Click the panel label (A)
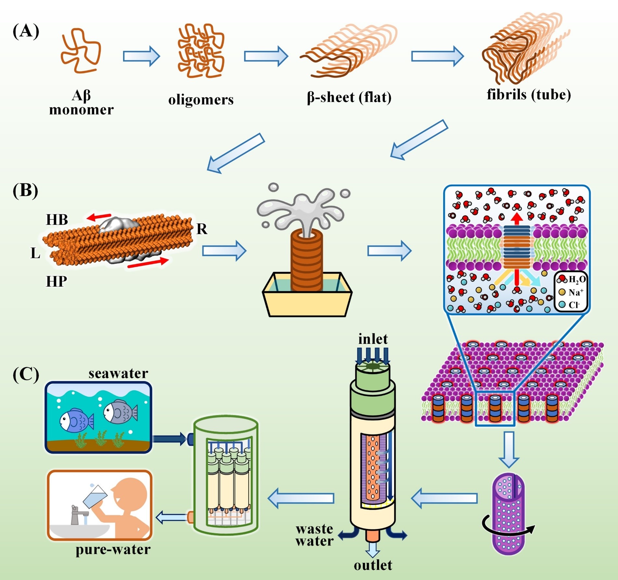coord(26,32)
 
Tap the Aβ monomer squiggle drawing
coord(80,50)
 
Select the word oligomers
coord(201,100)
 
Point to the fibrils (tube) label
coord(529,95)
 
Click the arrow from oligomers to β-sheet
coord(266,56)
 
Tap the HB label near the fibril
coord(57,220)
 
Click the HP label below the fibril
coord(56,281)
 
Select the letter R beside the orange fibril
coord(202,229)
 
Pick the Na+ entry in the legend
coord(572,292)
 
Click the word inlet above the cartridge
coord(373,339)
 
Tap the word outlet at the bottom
coord(373,565)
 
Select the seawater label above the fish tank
coord(118,374)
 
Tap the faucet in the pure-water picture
coord(78,514)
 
